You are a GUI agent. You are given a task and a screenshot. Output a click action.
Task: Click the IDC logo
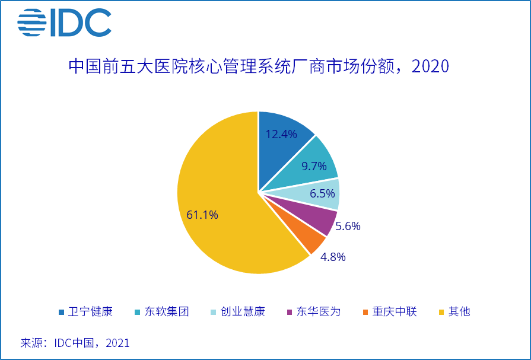coord(64,23)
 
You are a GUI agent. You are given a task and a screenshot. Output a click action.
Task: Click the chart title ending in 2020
coord(259,66)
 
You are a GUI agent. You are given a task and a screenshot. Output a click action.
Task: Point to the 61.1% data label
coord(202,215)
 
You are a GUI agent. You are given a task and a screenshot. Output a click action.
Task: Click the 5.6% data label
coord(348,226)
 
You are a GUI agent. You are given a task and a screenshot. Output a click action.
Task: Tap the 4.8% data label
coord(333,257)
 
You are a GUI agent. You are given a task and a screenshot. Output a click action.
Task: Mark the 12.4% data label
coord(281,134)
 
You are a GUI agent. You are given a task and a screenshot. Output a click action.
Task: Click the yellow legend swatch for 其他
coord(441,312)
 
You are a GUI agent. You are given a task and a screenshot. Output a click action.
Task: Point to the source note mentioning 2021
coord(75,343)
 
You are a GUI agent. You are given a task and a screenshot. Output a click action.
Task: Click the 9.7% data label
coord(314,166)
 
